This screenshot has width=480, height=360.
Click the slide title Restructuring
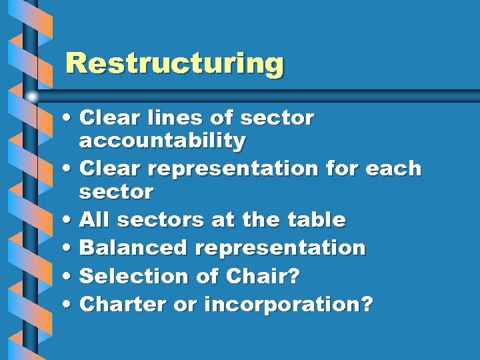pyautogui.click(x=175, y=65)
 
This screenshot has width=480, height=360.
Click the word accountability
pyautogui.click(x=162, y=141)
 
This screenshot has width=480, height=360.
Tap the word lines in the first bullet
pyautogui.click(x=175, y=118)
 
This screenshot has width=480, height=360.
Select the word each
pyautogui.click(x=393, y=169)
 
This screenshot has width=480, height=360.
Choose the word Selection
pyautogui.click(x=135, y=276)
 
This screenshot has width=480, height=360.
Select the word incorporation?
pyautogui.click(x=289, y=305)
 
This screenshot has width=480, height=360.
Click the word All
pyautogui.click(x=92, y=220)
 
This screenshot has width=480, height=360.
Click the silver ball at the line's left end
pyautogui.click(x=33, y=96)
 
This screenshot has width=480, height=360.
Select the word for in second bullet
pyautogui.click(x=343, y=169)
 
